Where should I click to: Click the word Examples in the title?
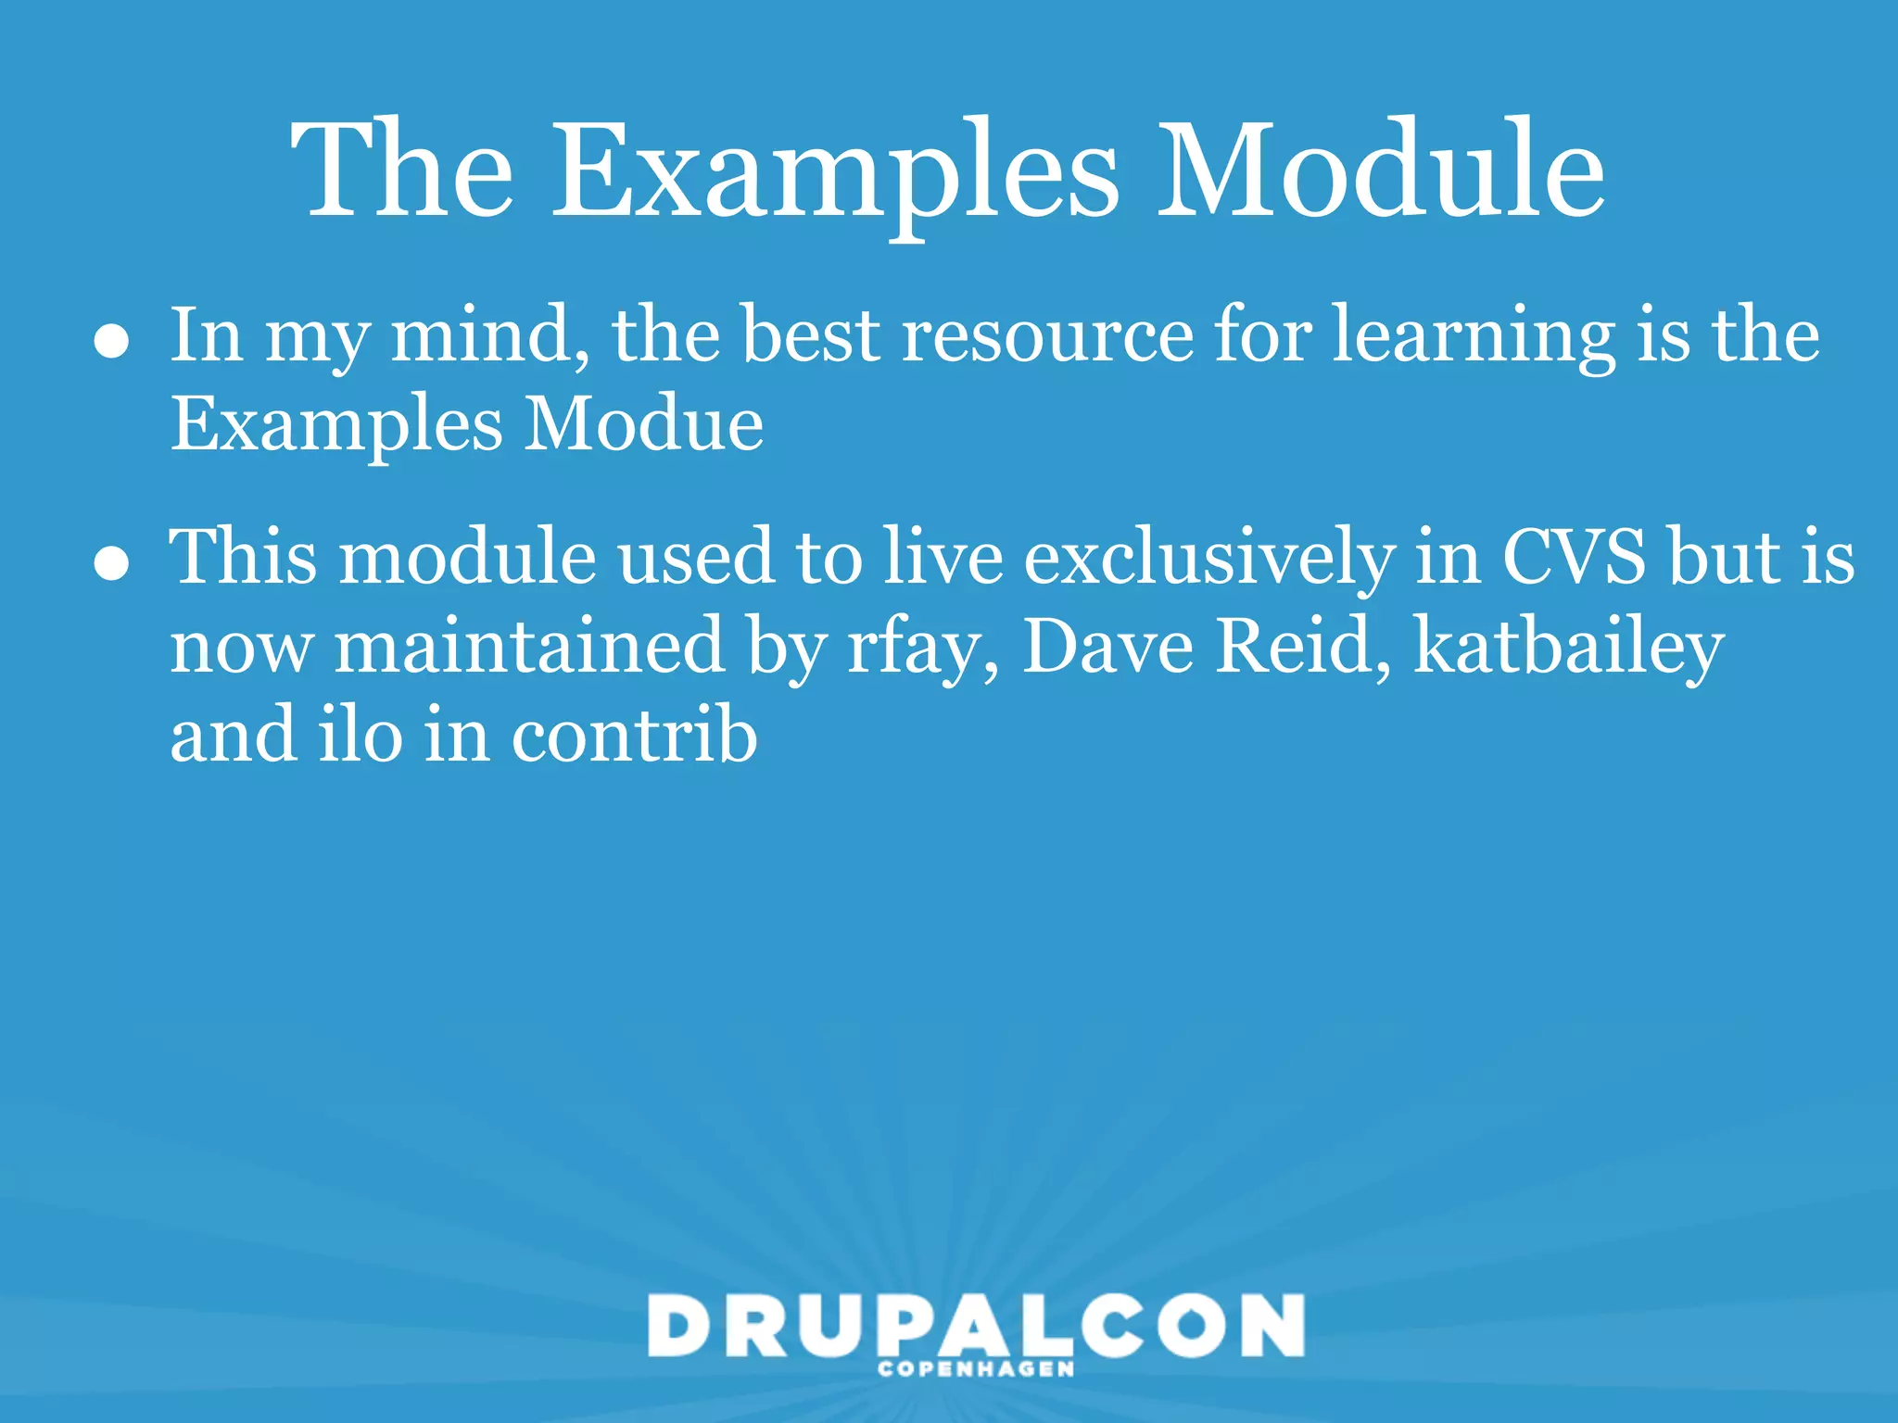[x=835, y=171]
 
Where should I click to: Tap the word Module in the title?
[x=1380, y=171]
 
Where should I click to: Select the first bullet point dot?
[x=111, y=341]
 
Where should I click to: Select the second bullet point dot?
[x=111, y=562]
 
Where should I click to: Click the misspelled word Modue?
[x=643, y=424]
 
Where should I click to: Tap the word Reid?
[x=1303, y=646]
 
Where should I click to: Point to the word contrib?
[x=634, y=735]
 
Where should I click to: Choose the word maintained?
[x=529, y=646]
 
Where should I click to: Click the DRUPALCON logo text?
[x=976, y=1327]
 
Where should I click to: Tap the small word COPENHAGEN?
[x=976, y=1369]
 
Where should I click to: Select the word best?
[x=811, y=335]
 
